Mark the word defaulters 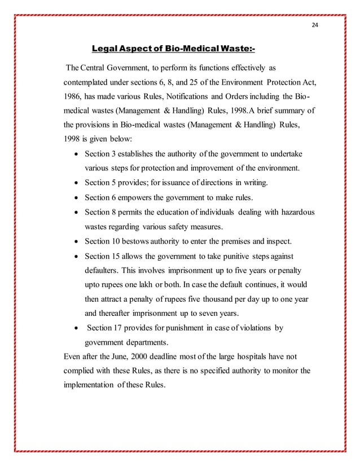103,271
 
